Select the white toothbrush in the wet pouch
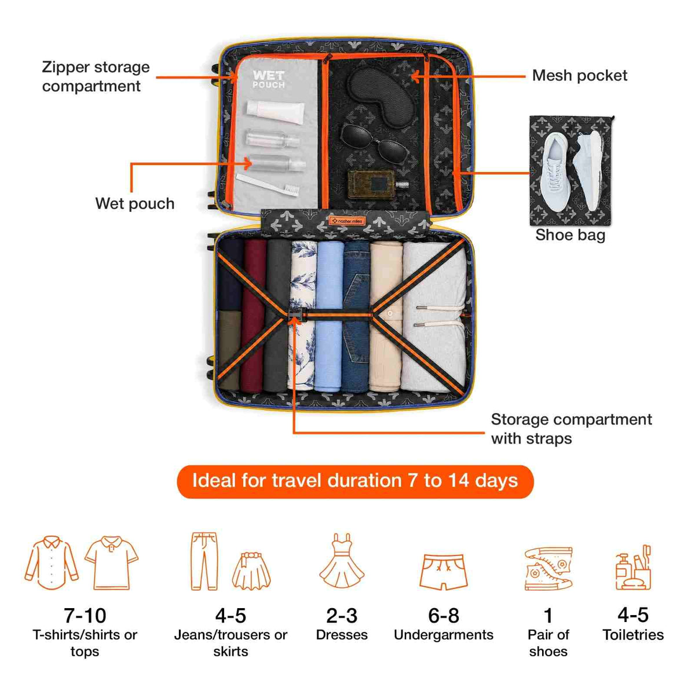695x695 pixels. coord(268,185)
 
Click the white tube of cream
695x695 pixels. coord(276,112)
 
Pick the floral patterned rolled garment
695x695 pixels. coord(303,316)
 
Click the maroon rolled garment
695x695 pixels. coord(254,316)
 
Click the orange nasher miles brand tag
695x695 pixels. coord(348,220)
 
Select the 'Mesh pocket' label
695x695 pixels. coord(580,76)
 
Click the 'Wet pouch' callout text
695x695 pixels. coord(134,203)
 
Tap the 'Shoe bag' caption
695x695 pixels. coord(570,235)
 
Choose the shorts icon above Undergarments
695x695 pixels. coord(443,572)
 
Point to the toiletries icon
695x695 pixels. coord(634,568)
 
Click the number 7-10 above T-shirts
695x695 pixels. coord(85,616)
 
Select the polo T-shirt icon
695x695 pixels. coord(111,564)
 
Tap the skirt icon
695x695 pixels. coord(251,570)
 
